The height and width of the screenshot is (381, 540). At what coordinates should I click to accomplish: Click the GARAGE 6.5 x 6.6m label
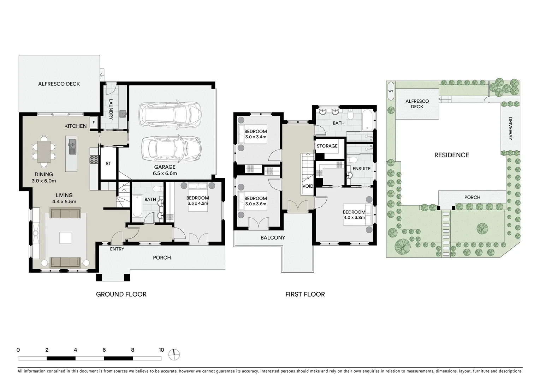pos(165,170)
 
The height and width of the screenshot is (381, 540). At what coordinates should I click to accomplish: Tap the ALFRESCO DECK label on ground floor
pos(59,84)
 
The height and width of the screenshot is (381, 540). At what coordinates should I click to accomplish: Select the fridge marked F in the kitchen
pos(94,122)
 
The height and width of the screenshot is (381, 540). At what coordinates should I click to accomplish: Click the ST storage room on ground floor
pos(108,163)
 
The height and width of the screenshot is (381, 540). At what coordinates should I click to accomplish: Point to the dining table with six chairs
pos(44,151)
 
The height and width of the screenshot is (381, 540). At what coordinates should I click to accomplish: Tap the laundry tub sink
pos(123,114)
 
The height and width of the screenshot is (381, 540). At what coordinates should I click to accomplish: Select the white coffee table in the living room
pos(65,238)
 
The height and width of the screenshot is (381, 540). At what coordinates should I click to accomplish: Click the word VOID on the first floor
pos(308,186)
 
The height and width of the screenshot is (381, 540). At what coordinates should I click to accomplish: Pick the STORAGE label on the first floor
pos(327,146)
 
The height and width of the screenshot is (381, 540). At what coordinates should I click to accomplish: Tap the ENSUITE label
pos(362,168)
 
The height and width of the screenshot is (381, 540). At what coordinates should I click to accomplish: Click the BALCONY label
pos(273,237)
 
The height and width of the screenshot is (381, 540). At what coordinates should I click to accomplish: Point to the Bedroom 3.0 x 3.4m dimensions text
pos(255,137)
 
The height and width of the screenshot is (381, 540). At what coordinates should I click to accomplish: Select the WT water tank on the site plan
pos(391,91)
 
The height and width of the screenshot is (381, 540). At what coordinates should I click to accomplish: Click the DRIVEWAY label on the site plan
pos(510,129)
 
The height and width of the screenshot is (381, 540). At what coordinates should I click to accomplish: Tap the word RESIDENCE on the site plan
pos(451,155)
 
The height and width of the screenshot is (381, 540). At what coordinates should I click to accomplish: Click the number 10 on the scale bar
pos(161,350)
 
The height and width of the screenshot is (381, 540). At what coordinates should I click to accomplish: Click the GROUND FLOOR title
pos(121,294)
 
